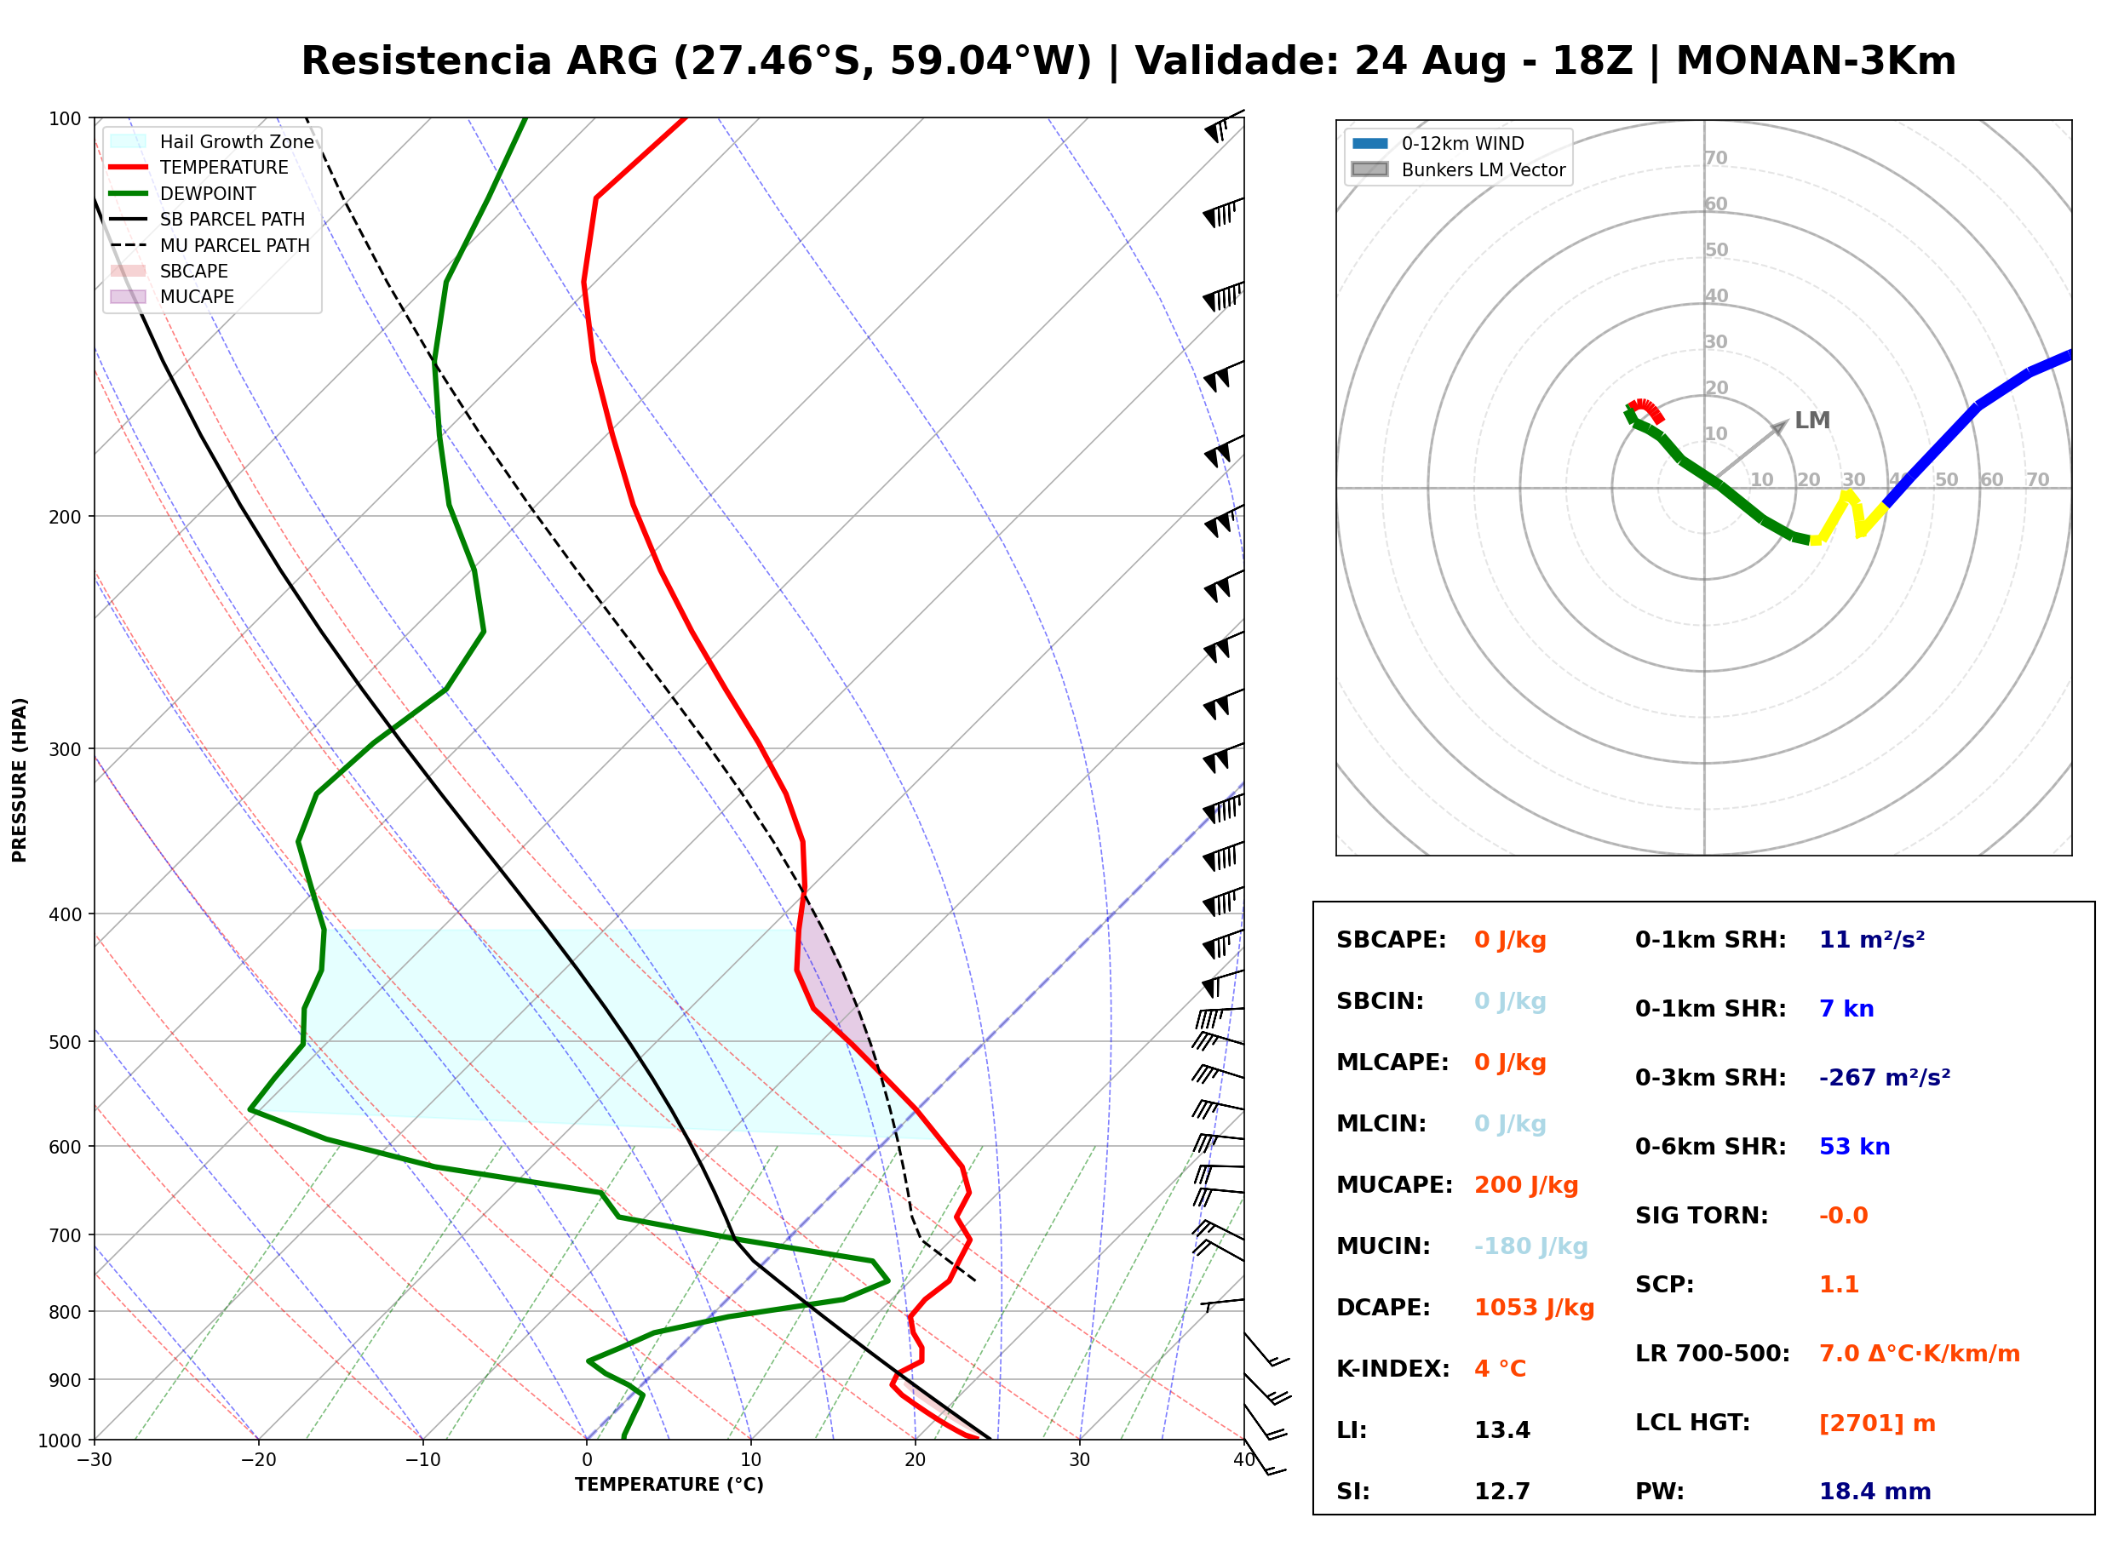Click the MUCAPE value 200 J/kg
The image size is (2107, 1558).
pos(1526,1185)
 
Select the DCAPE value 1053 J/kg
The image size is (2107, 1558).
pos(1535,1308)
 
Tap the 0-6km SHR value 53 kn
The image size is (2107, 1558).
pos(1854,1147)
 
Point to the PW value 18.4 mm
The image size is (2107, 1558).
pos(1875,1492)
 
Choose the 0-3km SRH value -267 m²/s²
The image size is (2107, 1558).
pos(1885,1077)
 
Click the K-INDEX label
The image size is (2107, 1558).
pos(1393,1369)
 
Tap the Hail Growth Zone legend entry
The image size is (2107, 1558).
pos(212,141)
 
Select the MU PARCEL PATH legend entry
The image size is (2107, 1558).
pos(210,245)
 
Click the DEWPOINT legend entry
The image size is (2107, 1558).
pos(183,193)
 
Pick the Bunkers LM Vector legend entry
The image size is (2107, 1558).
pos(1458,169)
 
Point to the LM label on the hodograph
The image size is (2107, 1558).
pos(1811,421)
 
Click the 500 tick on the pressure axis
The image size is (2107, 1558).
pos(64,1042)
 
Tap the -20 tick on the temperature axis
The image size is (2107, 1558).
pos(257,1460)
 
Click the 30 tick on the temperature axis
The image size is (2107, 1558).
pos(1079,1460)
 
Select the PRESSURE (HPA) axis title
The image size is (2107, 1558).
pos(20,780)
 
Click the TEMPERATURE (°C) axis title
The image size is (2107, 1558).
pos(669,1485)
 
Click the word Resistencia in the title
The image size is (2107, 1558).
pos(428,61)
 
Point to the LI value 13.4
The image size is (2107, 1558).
pos(1502,1430)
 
